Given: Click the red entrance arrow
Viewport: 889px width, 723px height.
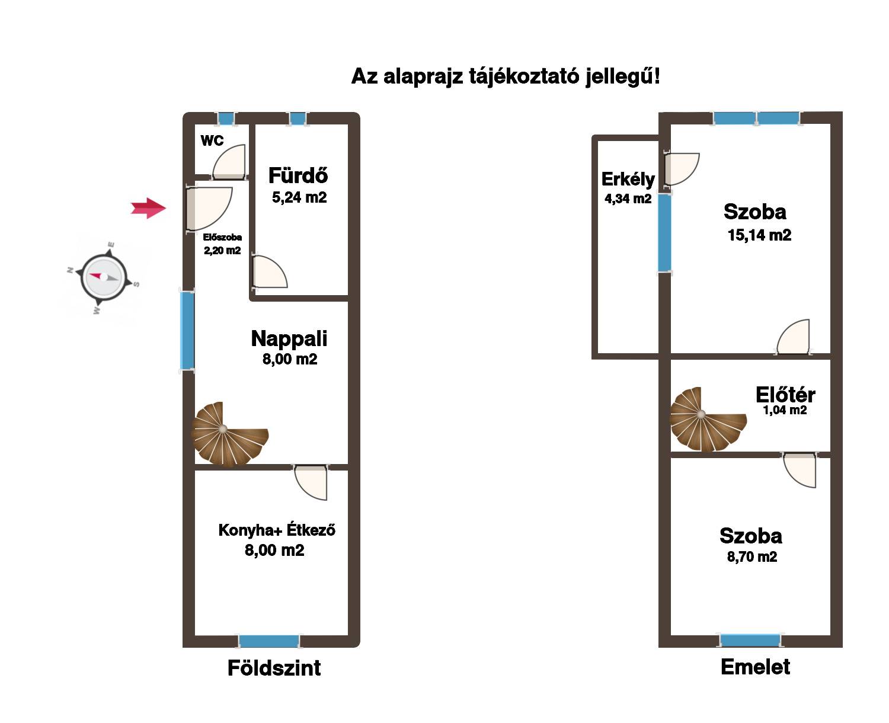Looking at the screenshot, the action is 148,208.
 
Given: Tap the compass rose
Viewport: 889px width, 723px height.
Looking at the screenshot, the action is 104,277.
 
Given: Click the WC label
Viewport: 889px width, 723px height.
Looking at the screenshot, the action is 212,140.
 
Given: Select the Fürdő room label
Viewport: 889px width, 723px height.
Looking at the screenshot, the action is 298,175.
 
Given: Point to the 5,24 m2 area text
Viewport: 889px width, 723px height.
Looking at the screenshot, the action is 299,197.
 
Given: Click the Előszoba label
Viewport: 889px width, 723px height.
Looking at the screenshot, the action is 222,237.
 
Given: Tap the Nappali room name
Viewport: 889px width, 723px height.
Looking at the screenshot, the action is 289,338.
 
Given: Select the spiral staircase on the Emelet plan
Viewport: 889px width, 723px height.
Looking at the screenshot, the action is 707,420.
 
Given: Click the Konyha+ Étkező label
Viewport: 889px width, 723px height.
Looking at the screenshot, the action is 277,530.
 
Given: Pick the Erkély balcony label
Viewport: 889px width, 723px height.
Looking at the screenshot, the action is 628,180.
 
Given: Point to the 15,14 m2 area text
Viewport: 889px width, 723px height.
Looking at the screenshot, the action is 759,235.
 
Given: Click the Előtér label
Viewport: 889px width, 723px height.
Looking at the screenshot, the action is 785,394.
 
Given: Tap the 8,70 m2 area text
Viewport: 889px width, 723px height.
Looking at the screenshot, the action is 752,556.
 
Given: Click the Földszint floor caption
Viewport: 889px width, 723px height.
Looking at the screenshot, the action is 274,668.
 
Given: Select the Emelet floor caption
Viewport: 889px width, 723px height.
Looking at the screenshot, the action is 755,667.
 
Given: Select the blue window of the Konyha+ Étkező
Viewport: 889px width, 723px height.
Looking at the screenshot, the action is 269,641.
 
